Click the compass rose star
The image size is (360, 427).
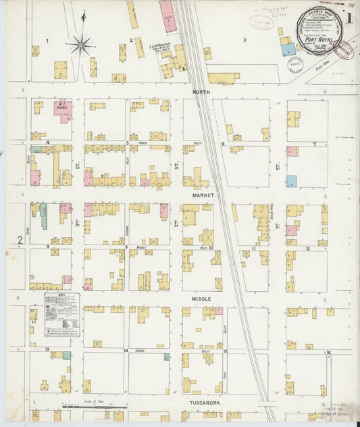[81, 45]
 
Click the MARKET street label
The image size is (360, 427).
[202, 195]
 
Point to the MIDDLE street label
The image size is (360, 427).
[201, 298]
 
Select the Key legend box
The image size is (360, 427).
[62, 315]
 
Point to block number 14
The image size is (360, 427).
[126, 351]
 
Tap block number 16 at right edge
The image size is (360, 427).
[328, 352]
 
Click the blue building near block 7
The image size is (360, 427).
[292, 181]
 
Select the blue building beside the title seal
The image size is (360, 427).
[288, 49]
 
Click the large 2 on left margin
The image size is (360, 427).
[19, 240]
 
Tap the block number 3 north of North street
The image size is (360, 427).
[245, 41]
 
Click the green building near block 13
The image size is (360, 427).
[66, 355]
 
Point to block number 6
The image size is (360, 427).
[223, 144]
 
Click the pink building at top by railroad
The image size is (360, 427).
[170, 18]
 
